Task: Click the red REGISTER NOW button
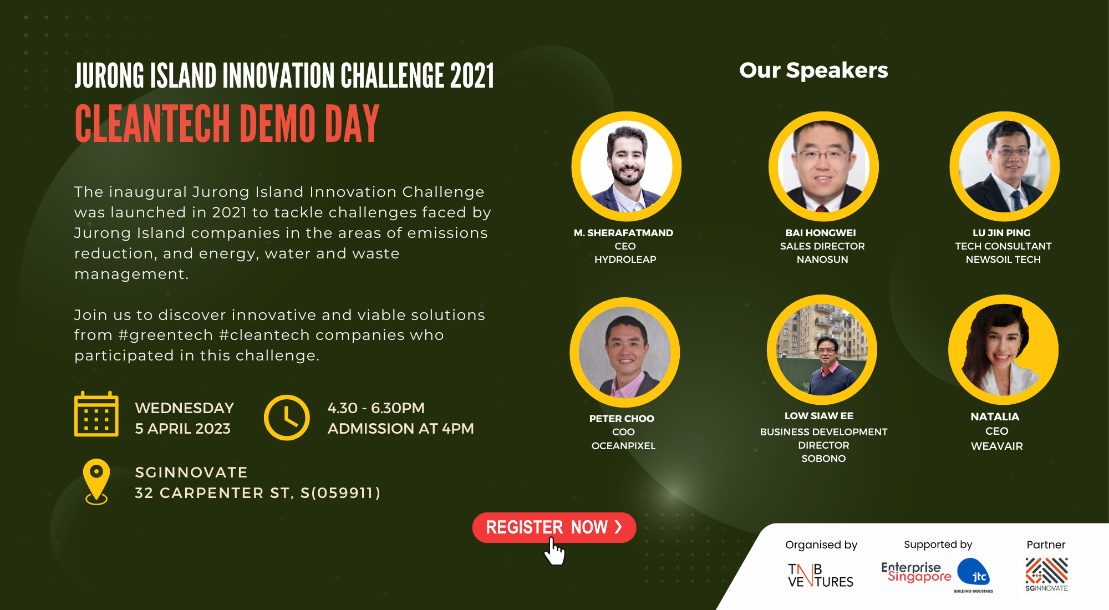(554, 527)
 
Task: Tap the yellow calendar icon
(96, 414)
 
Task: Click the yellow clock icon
(287, 418)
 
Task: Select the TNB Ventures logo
(821, 575)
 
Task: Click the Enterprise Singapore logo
(916, 572)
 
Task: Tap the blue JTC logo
(974, 576)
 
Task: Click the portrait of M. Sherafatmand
(627, 166)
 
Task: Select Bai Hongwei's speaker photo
(823, 166)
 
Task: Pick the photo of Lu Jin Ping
(1005, 166)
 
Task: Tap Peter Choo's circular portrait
(625, 352)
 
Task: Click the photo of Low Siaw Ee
(822, 350)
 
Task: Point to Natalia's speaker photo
(1003, 350)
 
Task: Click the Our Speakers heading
(813, 70)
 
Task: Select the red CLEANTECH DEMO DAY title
(227, 124)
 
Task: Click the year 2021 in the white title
(472, 76)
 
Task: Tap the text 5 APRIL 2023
(183, 429)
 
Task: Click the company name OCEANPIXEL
(623, 446)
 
